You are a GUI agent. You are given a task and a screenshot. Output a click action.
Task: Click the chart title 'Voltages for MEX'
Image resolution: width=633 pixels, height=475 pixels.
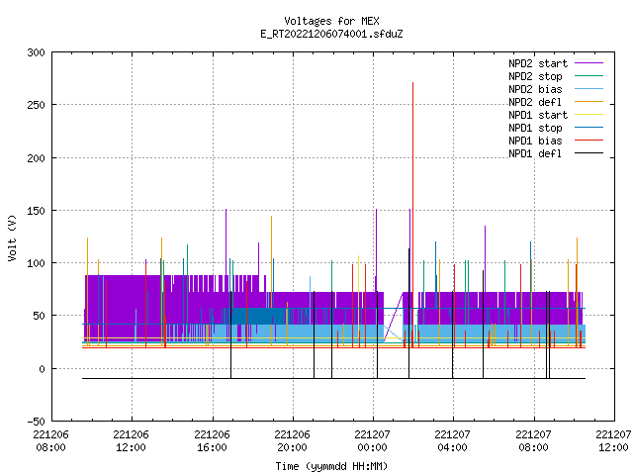(x=331, y=21)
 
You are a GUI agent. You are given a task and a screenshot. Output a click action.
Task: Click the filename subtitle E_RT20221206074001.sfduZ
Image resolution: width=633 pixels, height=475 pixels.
(x=331, y=34)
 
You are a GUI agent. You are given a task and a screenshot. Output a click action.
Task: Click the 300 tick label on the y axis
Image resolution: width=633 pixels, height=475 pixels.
(x=36, y=52)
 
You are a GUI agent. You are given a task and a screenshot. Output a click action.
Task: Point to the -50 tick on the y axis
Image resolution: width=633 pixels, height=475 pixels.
(x=36, y=422)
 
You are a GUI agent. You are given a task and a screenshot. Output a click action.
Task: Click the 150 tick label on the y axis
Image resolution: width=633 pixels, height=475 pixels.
(x=36, y=211)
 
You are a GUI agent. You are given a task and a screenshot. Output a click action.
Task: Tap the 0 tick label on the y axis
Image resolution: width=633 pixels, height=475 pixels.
(x=42, y=369)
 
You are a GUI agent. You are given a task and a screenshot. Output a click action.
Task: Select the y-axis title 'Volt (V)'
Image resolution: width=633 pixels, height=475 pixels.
(x=12, y=237)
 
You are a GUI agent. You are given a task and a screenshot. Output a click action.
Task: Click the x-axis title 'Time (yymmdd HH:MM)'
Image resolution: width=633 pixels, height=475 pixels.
(x=331, y=466)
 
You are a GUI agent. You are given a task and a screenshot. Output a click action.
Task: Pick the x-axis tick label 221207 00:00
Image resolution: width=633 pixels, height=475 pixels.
(x=372, y=441)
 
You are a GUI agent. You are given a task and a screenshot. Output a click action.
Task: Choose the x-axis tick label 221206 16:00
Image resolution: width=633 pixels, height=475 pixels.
(x=212, y=441)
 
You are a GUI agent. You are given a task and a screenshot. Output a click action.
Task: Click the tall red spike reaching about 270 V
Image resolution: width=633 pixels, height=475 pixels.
(x=412, y=214)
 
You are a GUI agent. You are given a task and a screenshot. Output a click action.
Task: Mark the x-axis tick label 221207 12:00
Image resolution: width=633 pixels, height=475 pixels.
(x=613, y=441)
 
